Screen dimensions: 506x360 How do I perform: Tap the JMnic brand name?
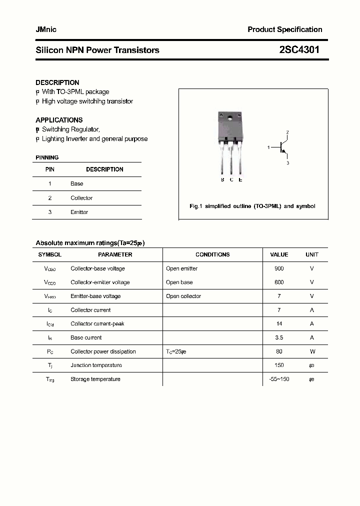coord(46,29)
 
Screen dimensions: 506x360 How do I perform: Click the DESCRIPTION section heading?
coord(57,82)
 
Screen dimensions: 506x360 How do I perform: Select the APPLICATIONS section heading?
coord(59,120)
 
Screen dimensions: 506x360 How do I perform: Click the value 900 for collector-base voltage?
coord(279,268)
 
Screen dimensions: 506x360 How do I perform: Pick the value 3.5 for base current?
coord(279,337)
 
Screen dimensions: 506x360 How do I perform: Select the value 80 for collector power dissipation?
coord(279,351)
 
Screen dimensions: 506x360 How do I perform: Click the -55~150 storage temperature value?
coord(279,379)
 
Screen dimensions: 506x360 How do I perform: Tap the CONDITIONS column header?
coord(212,254)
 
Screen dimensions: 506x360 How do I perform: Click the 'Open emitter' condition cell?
coord(181,268)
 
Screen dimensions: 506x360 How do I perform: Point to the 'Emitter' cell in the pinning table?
coord(79,212)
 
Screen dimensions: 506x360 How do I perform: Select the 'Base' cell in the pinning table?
coord(77,183)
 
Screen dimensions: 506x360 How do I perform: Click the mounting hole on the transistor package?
coord(230,118)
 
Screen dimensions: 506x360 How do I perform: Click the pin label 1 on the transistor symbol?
coord(268,147)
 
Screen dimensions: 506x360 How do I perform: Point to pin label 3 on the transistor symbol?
coord(287,163)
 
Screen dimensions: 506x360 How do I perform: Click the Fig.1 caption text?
coord(252,206)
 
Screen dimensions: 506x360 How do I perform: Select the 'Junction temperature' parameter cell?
coord(96,365)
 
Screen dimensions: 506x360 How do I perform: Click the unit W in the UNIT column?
coord(312,351)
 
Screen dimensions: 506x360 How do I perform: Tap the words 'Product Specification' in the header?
coord(285,29)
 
